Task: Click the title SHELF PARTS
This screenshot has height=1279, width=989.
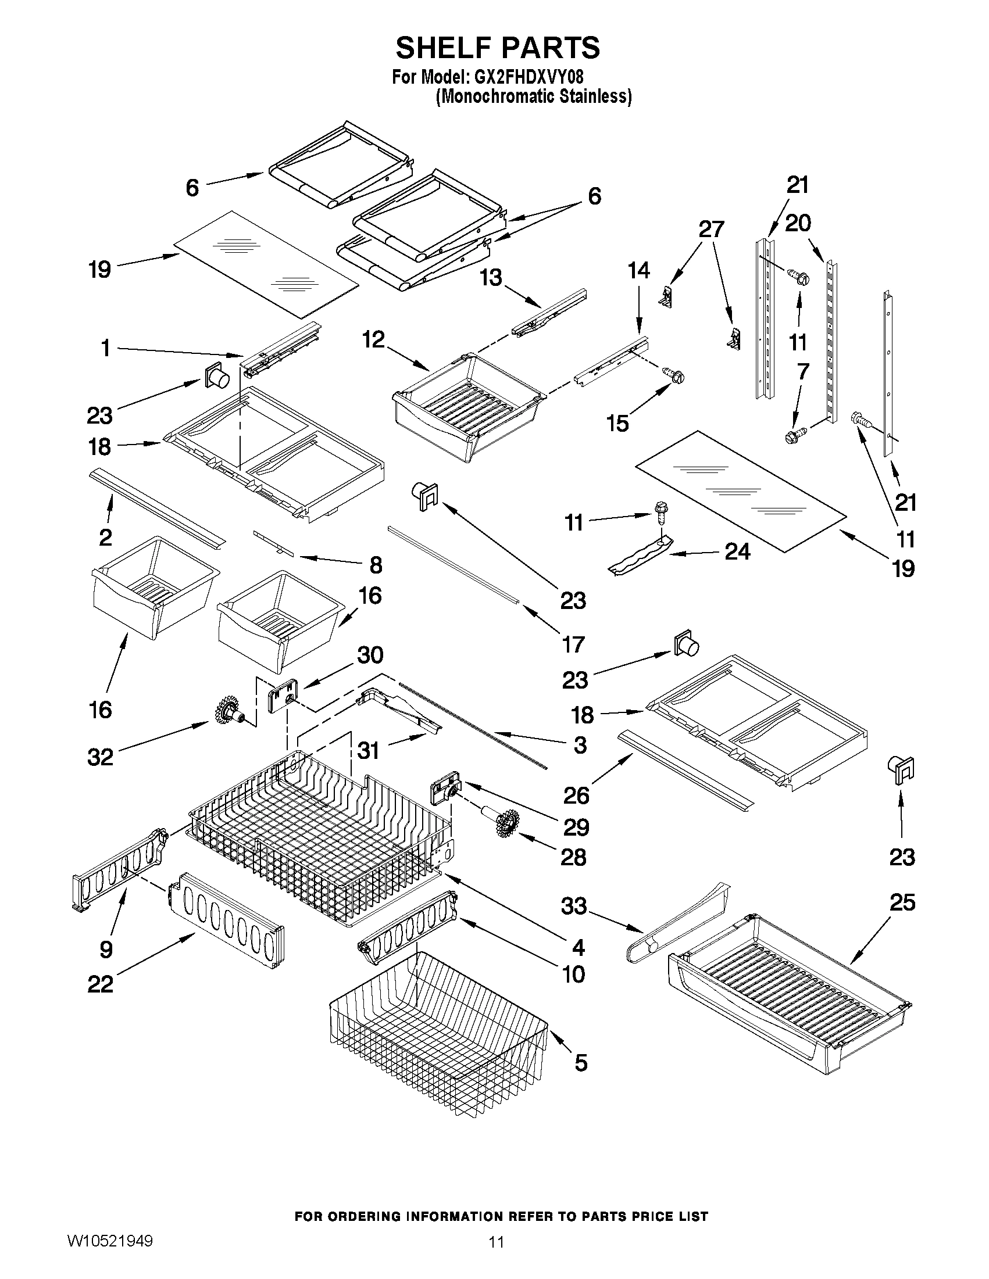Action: coord(498,48)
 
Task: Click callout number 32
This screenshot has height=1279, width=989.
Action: coord(100,757)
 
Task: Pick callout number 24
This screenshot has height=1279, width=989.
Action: coord(738,551)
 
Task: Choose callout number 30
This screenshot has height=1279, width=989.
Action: coord(370,655)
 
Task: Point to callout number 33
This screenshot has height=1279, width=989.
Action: coord(574,906)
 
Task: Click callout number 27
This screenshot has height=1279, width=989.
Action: coord(711,229)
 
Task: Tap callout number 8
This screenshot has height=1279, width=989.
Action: coord(376,565)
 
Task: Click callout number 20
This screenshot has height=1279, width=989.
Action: coord(798,223)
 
